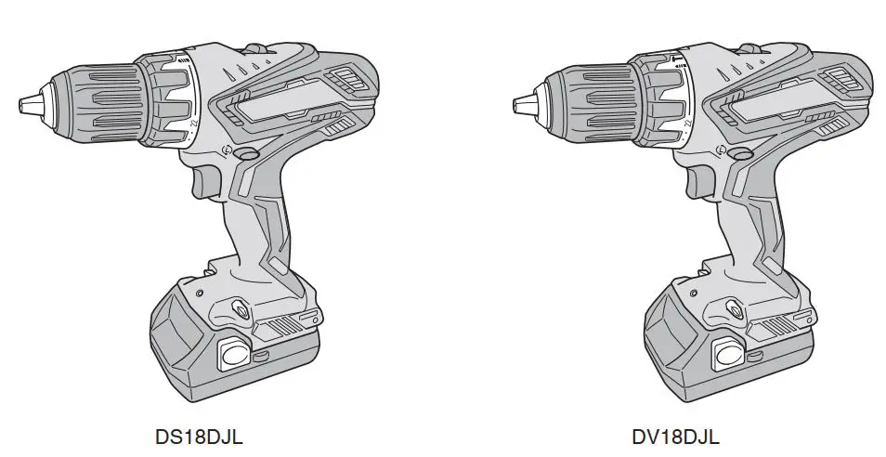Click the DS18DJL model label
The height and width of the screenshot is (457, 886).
[200, 437]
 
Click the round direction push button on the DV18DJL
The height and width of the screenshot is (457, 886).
[739, 154]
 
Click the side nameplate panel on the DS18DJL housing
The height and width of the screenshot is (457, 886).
[279, 104]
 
